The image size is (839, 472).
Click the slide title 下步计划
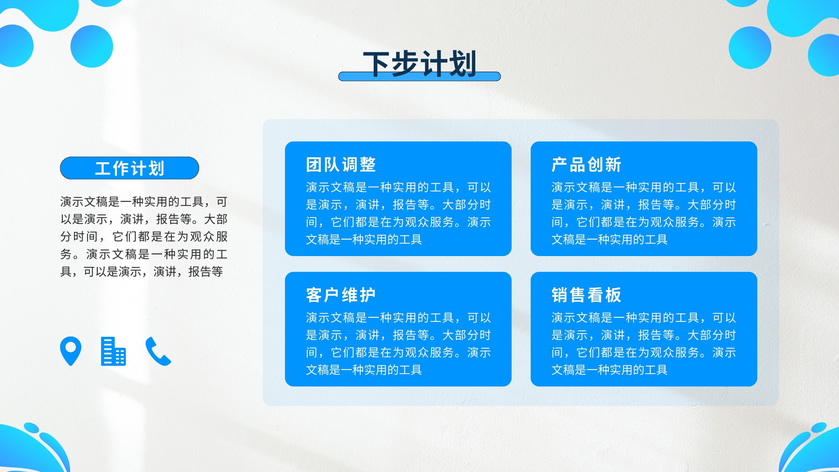[x=419, y=63]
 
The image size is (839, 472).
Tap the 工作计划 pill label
[x=130, y=168]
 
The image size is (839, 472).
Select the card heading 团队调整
[x=341, y=165]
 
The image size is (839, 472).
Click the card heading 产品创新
[x=587, y=165]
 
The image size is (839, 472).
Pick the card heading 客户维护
[x=341, y=295]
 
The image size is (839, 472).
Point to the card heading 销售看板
[x=587, y=295]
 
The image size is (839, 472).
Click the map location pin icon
[x=71, y=351]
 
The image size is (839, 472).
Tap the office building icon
[x=113, y=351]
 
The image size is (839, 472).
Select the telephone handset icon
[x=158, y=351]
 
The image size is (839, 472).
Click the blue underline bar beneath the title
[x=419, y=77]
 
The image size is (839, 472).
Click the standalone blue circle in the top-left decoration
[x=92, y=47]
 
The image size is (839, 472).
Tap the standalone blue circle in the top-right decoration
[x=750, y=48]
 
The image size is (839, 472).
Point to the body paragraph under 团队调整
[x=398, y=213]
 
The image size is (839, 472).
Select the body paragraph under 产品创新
[x=644, y=213]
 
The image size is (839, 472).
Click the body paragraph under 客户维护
[x=398, y=344]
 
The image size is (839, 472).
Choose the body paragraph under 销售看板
[x=644, y=344]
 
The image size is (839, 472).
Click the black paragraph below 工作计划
[x=144, y=237]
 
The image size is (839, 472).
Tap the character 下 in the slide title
[x=377, y=64]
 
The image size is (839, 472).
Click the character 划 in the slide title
[x=463, y=63]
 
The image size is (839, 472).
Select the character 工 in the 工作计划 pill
[x=103, y=168]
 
